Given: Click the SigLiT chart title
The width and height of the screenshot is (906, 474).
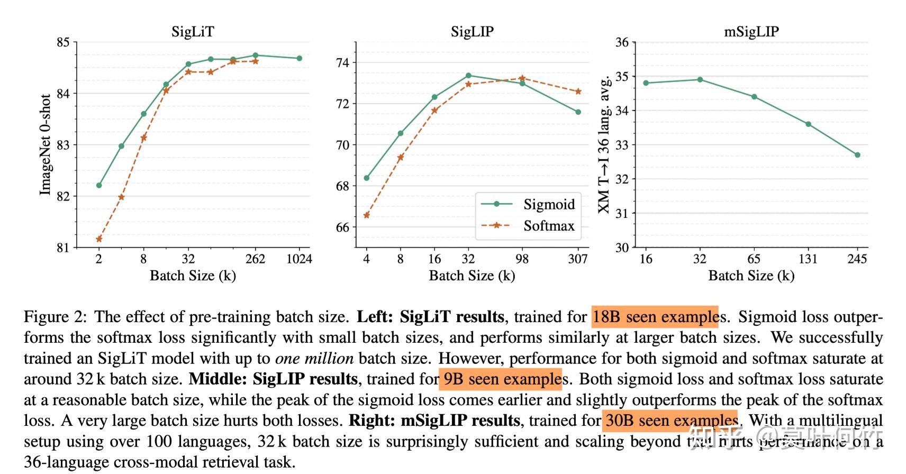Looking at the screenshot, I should pos(193,32).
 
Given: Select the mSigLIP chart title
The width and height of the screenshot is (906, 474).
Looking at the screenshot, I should pos(751,32).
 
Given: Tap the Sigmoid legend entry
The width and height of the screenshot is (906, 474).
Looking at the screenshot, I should pos(549,204).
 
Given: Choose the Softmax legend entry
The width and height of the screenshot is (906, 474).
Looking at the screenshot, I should pos(549,226).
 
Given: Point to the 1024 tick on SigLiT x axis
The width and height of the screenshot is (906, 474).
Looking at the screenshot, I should pos(299,259).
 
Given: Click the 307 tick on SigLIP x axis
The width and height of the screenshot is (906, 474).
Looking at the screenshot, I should pos(578,259).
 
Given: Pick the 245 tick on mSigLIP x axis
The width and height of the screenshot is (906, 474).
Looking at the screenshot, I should pos(857,259).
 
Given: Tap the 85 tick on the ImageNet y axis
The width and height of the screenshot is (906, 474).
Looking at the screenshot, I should pos(63,42).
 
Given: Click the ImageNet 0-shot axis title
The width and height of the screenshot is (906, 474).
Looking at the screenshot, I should pos(46,145).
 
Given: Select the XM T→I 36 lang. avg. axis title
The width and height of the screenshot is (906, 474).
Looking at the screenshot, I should pos(604,145).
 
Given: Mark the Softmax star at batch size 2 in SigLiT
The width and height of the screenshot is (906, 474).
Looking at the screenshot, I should pos(99,239).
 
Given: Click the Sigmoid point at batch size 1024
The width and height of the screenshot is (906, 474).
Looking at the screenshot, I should pos(300,58).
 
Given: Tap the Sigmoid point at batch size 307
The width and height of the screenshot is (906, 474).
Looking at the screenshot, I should pos(578,112).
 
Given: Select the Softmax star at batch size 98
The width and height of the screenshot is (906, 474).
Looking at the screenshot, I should pos(522,78).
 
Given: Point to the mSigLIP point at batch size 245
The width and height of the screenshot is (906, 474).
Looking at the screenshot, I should pos(857,155).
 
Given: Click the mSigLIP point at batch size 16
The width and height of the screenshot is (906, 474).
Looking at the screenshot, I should pos(646,83).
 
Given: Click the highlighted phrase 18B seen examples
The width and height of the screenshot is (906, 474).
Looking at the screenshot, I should pos(655,317).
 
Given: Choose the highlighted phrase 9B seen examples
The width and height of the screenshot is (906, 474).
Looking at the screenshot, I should pos(501,379).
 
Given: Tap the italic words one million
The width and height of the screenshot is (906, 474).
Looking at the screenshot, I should pos(314,359).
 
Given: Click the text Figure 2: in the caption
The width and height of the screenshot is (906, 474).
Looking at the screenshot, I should pos(55,317).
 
